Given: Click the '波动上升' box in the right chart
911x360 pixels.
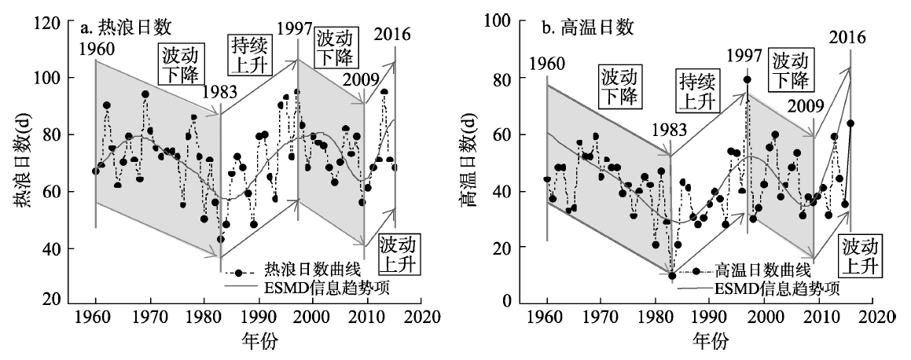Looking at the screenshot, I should [857, 255].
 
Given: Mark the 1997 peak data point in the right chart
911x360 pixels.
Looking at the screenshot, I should [747, 79].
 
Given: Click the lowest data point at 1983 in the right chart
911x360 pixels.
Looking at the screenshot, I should [672, 275].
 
